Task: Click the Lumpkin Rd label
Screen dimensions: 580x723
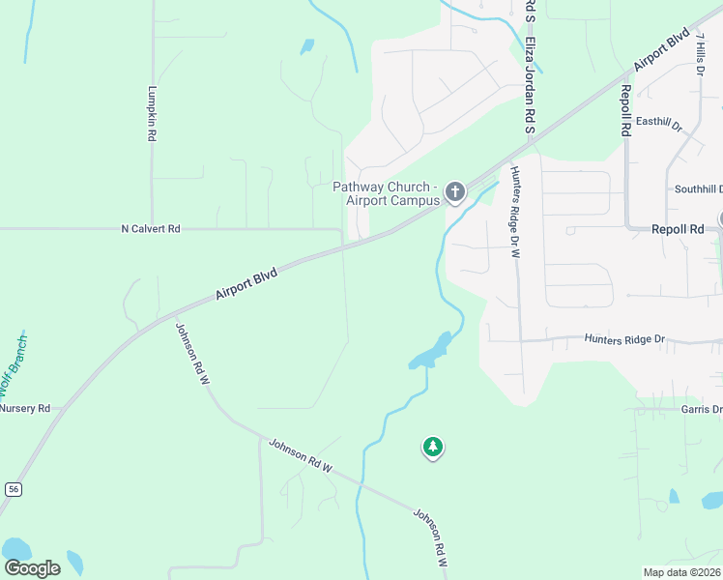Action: [x=152, y=115]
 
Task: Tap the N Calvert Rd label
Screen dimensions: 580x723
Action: [x=151, y=229]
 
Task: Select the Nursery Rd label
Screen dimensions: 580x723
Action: [x=24, y=408]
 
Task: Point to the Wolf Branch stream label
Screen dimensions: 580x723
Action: [x=14, y=364]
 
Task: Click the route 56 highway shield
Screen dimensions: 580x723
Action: [x=13, y=490]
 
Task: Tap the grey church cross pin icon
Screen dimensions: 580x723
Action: [x=455, y=192]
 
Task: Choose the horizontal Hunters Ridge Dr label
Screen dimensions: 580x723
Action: [x=625, y=339]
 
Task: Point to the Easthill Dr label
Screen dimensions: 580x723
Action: [x=658, y=124]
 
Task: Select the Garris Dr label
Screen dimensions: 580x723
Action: [x=700, y=410]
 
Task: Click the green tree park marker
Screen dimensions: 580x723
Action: [x=433, y=447]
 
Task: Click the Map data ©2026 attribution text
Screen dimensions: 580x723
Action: [x=681, y=572]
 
